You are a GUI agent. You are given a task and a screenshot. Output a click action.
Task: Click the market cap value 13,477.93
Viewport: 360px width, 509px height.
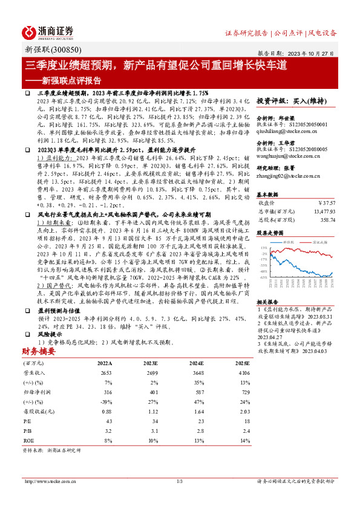326,211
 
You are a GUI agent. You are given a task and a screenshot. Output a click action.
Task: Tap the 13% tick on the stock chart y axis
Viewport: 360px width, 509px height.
263,248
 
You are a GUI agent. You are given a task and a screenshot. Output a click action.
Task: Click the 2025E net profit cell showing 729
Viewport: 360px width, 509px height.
243,392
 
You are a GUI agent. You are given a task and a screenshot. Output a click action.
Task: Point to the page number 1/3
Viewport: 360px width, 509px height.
180,481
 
